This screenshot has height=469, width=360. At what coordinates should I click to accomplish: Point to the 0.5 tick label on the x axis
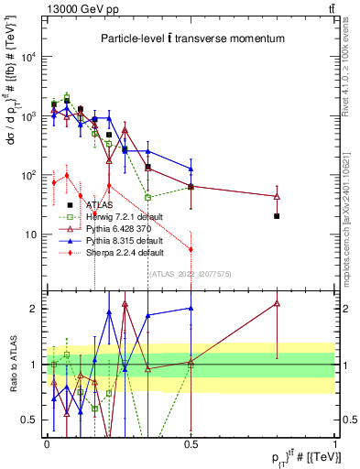[x=191, y=442]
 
